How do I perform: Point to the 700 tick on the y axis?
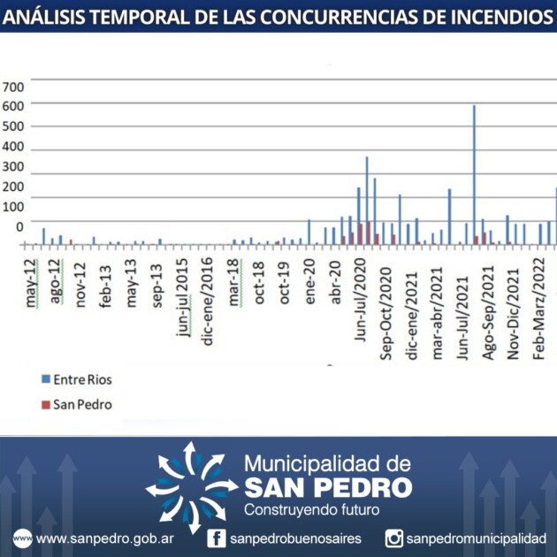(13, 87)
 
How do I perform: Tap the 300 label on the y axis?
(13, 167)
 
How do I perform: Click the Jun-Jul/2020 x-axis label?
(361, 293)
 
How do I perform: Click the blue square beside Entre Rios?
(45, 379)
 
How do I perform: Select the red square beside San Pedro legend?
(45, 405)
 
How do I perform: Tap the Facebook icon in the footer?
(217, 538)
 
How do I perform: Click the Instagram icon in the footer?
(394, 538)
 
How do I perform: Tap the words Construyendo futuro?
(310, 510)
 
